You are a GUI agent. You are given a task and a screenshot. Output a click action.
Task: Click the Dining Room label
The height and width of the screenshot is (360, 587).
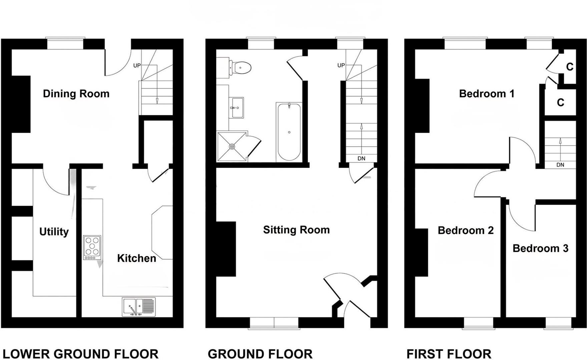click(x=76, y=94)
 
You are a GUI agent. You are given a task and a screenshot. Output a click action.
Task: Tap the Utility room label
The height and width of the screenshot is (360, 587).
click(x=54, y=232)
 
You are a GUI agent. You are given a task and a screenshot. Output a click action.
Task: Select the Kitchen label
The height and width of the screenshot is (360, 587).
click(x=136, y=258)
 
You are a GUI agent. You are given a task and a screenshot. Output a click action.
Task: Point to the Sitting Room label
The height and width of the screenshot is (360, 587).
click(x=296, y=230)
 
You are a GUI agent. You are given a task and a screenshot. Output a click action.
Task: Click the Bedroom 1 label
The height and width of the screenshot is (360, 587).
click(x=487, y=94)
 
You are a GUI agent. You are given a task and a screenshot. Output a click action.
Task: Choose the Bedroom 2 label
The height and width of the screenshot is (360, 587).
click(x=465, y=230)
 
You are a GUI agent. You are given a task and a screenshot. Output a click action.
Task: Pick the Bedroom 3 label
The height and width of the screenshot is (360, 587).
click(x=540, y=248)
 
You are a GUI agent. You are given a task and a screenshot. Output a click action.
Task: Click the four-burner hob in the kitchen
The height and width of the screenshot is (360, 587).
click(x=92, y=248)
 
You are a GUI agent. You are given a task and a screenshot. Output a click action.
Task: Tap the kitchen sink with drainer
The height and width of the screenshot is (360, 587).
click(x=139, y=307)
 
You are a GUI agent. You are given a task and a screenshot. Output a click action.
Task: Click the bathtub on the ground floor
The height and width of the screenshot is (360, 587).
click(x=289, y=132)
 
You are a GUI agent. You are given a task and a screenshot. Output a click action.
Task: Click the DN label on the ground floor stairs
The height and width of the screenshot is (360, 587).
click(x=361, y=159)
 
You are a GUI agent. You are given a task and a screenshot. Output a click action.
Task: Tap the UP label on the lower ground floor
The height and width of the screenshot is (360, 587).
click(x=137, y=66)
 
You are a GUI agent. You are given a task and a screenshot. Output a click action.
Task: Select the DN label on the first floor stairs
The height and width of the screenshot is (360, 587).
click(x=560, y=165)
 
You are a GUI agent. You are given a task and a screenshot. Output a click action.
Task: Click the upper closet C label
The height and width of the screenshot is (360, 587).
click(x=570, y=67)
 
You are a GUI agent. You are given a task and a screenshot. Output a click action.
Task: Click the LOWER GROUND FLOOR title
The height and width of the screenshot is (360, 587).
click(x=80, y=354)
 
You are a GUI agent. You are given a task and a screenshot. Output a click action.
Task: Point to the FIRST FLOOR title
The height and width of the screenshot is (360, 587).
click(x=449, y=354)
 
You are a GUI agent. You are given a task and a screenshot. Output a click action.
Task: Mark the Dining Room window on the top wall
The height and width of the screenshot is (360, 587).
click(x=65, y=44)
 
